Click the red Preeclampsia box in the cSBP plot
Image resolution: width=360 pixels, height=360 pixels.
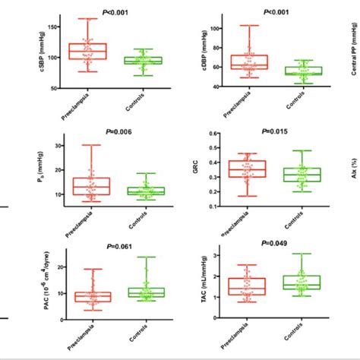tap(88, 51)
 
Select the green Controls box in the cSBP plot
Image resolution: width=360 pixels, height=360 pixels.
tap(143, 60)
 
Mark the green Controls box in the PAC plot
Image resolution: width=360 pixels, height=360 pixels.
tap(143, 292)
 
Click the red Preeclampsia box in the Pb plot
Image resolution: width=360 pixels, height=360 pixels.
tap(88, 185)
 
